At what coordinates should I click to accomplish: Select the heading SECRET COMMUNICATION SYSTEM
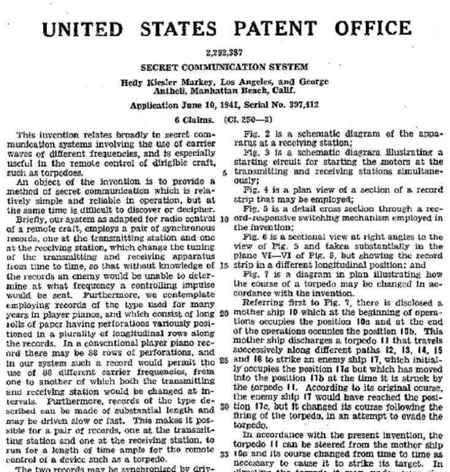pos(225,67)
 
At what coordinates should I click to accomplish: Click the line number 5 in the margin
pos(225,173)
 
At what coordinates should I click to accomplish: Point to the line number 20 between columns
pos(224,312)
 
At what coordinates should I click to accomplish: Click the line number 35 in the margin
pos(224,455)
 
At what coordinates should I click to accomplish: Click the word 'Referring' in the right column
pos(263,303)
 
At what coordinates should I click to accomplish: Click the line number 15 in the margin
pos(224,265)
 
